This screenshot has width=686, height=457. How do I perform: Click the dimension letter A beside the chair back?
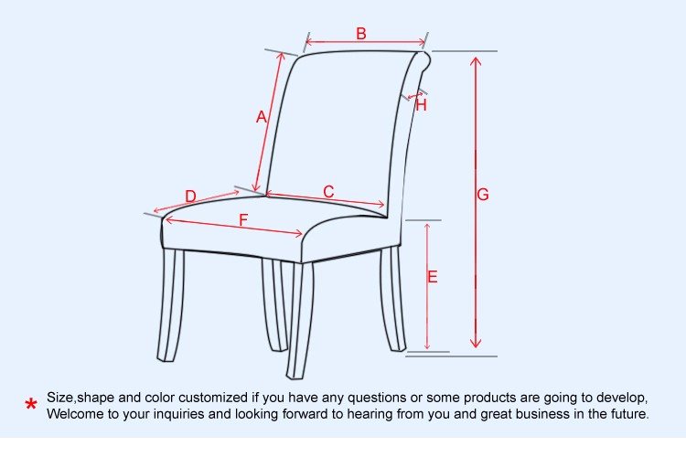click(x=262, y=117)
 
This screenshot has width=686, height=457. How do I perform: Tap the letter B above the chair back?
click(x=361, y=33)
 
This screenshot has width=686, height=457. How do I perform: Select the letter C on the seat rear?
click(x=328, y=191)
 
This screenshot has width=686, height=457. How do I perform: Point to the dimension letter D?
click(x=190, y=196)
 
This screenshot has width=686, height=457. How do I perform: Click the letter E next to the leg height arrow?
click(x=433, y=276)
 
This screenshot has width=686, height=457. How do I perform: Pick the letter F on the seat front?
click(x=243, y=219)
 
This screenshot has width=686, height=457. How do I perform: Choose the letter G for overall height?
click(x=483, y=194)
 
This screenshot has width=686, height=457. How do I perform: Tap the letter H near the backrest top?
click(x=422, y=105)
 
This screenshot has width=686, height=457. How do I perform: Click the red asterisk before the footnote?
click(x=31, y=405)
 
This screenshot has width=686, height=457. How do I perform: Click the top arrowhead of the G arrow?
click(x=476, y=61)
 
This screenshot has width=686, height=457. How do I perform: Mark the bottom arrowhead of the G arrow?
click(x=476, y=343)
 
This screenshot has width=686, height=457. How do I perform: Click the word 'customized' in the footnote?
click(x=213, y=398)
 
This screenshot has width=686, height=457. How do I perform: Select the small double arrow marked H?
click(x=415, y=95)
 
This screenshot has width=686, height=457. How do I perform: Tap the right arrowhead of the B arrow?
click(x=422, y=42)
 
